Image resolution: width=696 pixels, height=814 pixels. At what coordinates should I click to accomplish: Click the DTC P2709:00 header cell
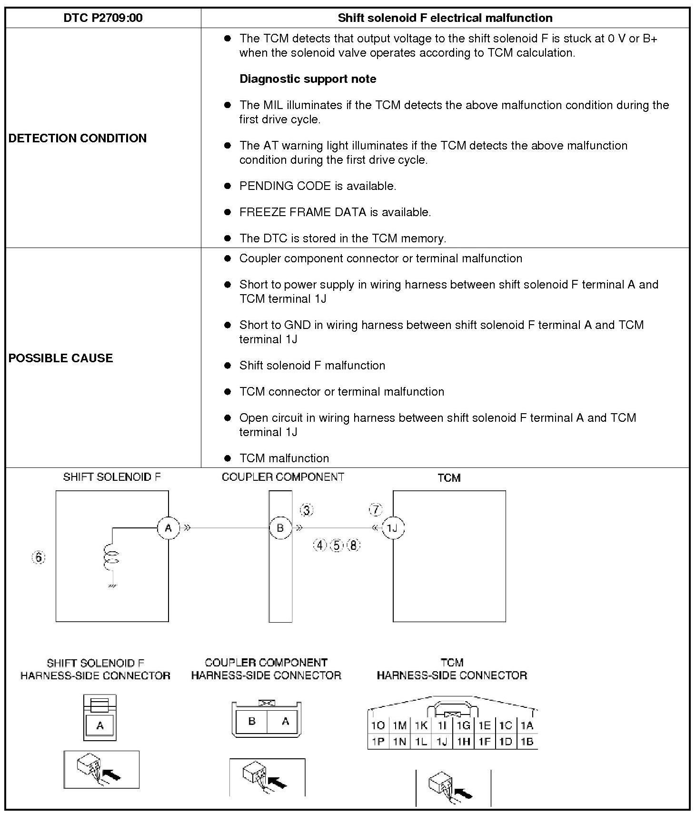103,18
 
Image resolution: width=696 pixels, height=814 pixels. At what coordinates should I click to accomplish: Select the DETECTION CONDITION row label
78,138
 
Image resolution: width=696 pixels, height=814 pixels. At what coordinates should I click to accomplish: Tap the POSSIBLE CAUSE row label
60,358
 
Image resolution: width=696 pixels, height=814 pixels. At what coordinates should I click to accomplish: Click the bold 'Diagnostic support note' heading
308,79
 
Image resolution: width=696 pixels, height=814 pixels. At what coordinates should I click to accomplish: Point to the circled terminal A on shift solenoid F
168,528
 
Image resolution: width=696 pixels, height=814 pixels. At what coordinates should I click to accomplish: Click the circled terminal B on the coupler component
280,528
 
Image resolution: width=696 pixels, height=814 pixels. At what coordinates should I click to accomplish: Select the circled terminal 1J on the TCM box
393,528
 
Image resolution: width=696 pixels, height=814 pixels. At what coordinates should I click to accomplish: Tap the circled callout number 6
39,557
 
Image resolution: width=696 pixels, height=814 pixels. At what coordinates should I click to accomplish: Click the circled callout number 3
307,510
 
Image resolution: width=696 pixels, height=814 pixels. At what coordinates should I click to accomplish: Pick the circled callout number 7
376,510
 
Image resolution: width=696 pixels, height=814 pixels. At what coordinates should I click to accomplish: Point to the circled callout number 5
337,546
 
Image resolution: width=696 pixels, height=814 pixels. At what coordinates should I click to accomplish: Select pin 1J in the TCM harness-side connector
442,742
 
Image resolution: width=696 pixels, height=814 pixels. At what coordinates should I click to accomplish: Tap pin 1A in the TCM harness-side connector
527,725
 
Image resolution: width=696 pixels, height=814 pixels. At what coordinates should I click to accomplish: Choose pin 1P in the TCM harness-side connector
378,742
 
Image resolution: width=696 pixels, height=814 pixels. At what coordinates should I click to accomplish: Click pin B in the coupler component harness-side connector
252,721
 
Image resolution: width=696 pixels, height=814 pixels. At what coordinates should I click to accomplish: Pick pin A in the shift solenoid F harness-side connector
100,725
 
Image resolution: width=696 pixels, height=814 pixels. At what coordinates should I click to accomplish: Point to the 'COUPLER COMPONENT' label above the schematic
283,477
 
